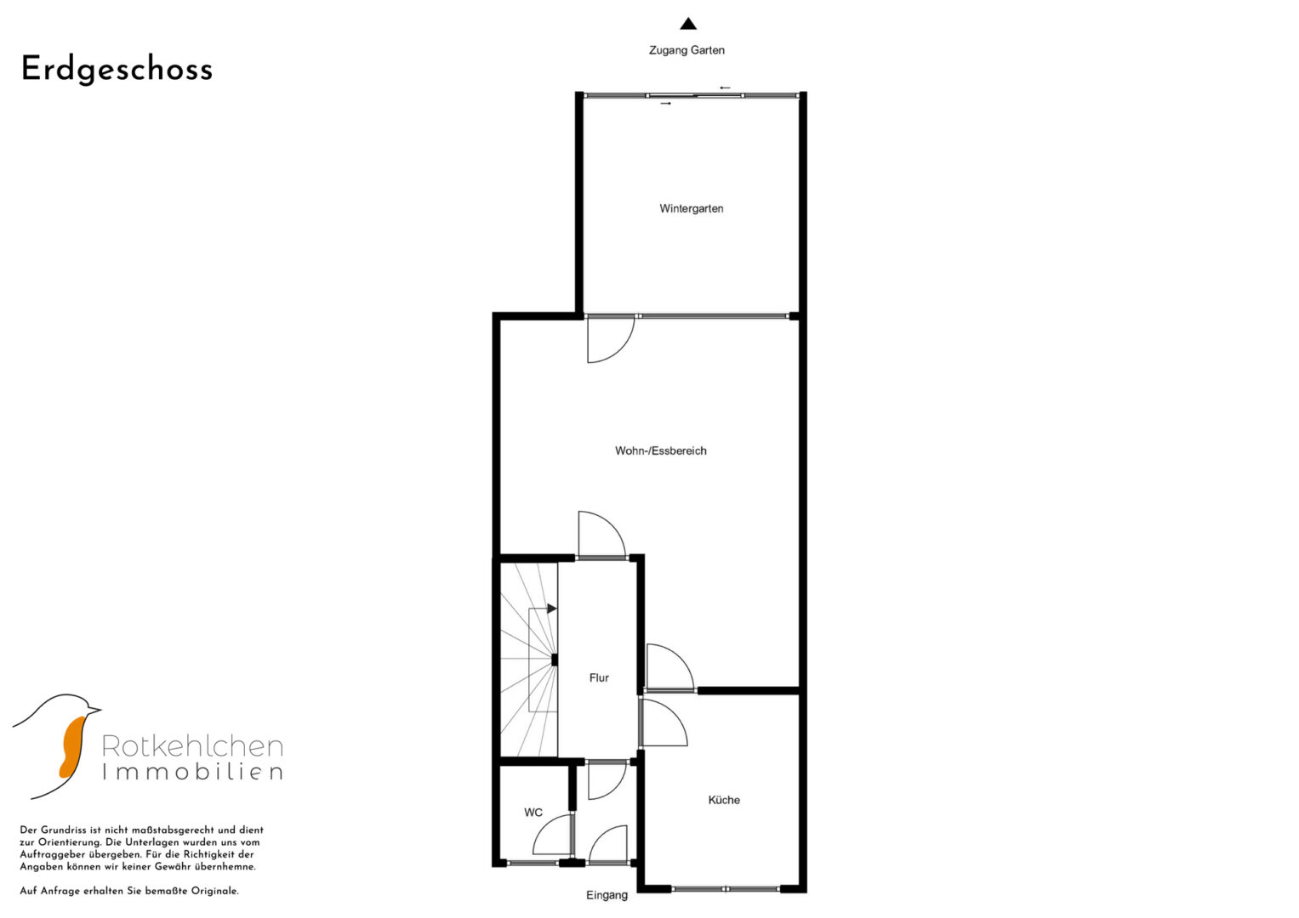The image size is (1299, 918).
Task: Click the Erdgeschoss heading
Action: [117, 70]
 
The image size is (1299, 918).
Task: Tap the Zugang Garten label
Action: [687, 50]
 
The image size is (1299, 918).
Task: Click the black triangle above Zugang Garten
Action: [688, 24]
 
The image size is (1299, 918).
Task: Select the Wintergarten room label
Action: [692, 208]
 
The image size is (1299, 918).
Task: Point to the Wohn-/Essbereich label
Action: [660, 450]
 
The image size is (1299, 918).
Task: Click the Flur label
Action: [599, 678]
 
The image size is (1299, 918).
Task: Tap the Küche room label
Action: [724, 801]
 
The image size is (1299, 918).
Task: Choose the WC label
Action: [533, 813]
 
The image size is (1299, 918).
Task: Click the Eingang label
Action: [607, 895]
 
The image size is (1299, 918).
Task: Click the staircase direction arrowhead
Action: [552, 609]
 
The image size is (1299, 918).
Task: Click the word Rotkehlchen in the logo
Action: [192, 746]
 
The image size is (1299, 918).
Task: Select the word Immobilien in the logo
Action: [192, 772]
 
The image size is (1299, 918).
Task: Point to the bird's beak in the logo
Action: [94, 710]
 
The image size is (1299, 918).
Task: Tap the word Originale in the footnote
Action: [214, 892]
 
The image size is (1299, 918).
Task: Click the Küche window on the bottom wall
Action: [726, 888]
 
